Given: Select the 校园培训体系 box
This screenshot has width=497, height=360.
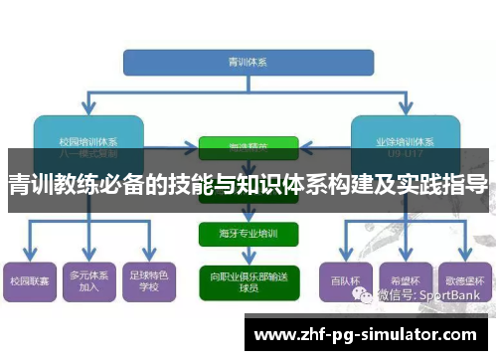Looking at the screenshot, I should pos(88,134).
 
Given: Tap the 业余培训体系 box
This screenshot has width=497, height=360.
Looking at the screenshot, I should pos(405,134).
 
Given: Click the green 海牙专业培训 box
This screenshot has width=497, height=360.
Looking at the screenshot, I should pos(248,235).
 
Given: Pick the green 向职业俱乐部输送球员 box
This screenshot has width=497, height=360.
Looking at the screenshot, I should pos(248,280).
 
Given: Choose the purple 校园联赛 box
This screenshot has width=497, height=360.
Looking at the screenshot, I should pos(30,280).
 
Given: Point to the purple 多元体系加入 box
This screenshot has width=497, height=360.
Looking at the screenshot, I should pos(88,280).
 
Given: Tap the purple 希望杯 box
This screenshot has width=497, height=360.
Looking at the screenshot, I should pos(405,280).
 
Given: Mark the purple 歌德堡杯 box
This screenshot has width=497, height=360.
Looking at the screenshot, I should pos(463,280).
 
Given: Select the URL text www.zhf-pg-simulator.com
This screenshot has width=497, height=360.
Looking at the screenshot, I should pos(366,335).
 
